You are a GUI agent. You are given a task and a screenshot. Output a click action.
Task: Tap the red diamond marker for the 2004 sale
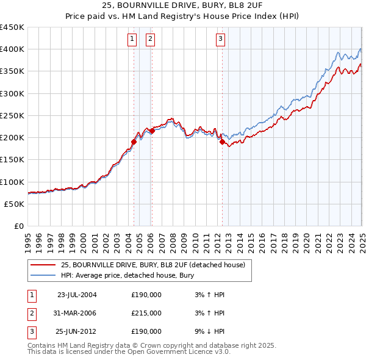(x=134, y=142)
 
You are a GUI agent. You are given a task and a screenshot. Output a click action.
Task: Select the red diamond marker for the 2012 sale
(x=222, y=142)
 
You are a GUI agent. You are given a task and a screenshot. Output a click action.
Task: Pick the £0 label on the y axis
(x=20, y=226)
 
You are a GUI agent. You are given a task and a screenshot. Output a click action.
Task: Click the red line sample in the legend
(x=43, y=265)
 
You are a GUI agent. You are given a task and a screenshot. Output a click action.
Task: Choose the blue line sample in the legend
(x=43, y=275)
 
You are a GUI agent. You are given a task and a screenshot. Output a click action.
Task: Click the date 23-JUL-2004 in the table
(x=77, y=295)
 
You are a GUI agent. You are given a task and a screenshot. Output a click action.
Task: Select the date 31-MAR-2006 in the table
(x=77, y=313)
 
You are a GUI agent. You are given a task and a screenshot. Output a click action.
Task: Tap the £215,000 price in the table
(x=146, y=313)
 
